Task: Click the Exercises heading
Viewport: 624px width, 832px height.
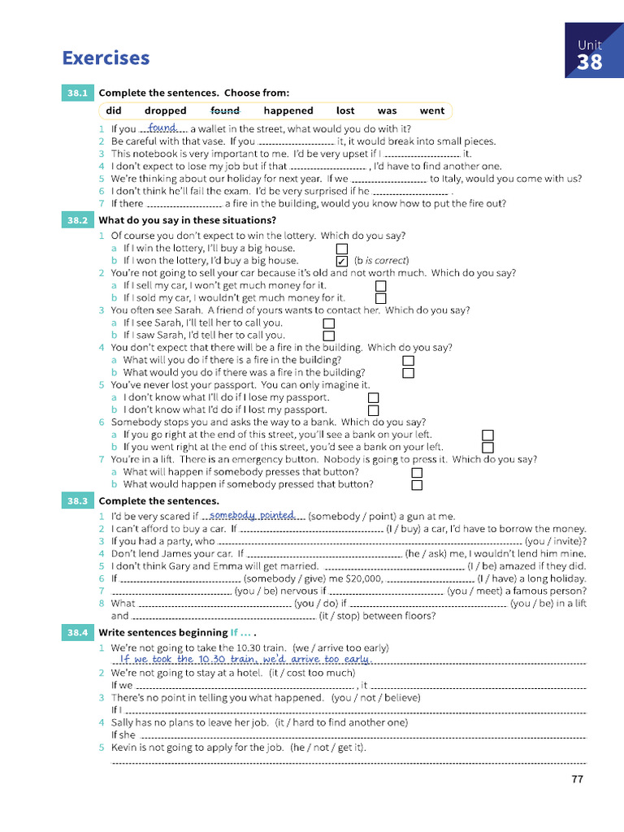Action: tap(106, 58)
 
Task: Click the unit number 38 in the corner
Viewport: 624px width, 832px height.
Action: tap(590, 63)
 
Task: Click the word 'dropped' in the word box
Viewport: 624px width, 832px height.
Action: tap(166, 110)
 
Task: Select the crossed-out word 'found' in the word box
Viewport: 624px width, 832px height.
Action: tap(225, 110)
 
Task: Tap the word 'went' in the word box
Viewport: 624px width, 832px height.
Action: tap(432, 110)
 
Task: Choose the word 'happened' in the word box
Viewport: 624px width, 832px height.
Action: tap(288, 110)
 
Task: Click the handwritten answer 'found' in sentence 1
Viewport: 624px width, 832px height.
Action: tap(163, 128)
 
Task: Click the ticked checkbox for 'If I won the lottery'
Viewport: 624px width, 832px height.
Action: tap(342, 261)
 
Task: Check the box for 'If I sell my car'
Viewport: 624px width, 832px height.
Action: tap(381, 286)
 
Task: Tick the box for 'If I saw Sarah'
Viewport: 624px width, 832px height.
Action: tap(329, 336)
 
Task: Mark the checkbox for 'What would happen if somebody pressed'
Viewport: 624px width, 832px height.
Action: tap(417, 485)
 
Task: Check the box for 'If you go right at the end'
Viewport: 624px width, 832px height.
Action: tap(488, 435)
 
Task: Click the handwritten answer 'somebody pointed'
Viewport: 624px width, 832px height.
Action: tap(252, 515)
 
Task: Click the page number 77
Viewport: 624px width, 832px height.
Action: tap(578, 779)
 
